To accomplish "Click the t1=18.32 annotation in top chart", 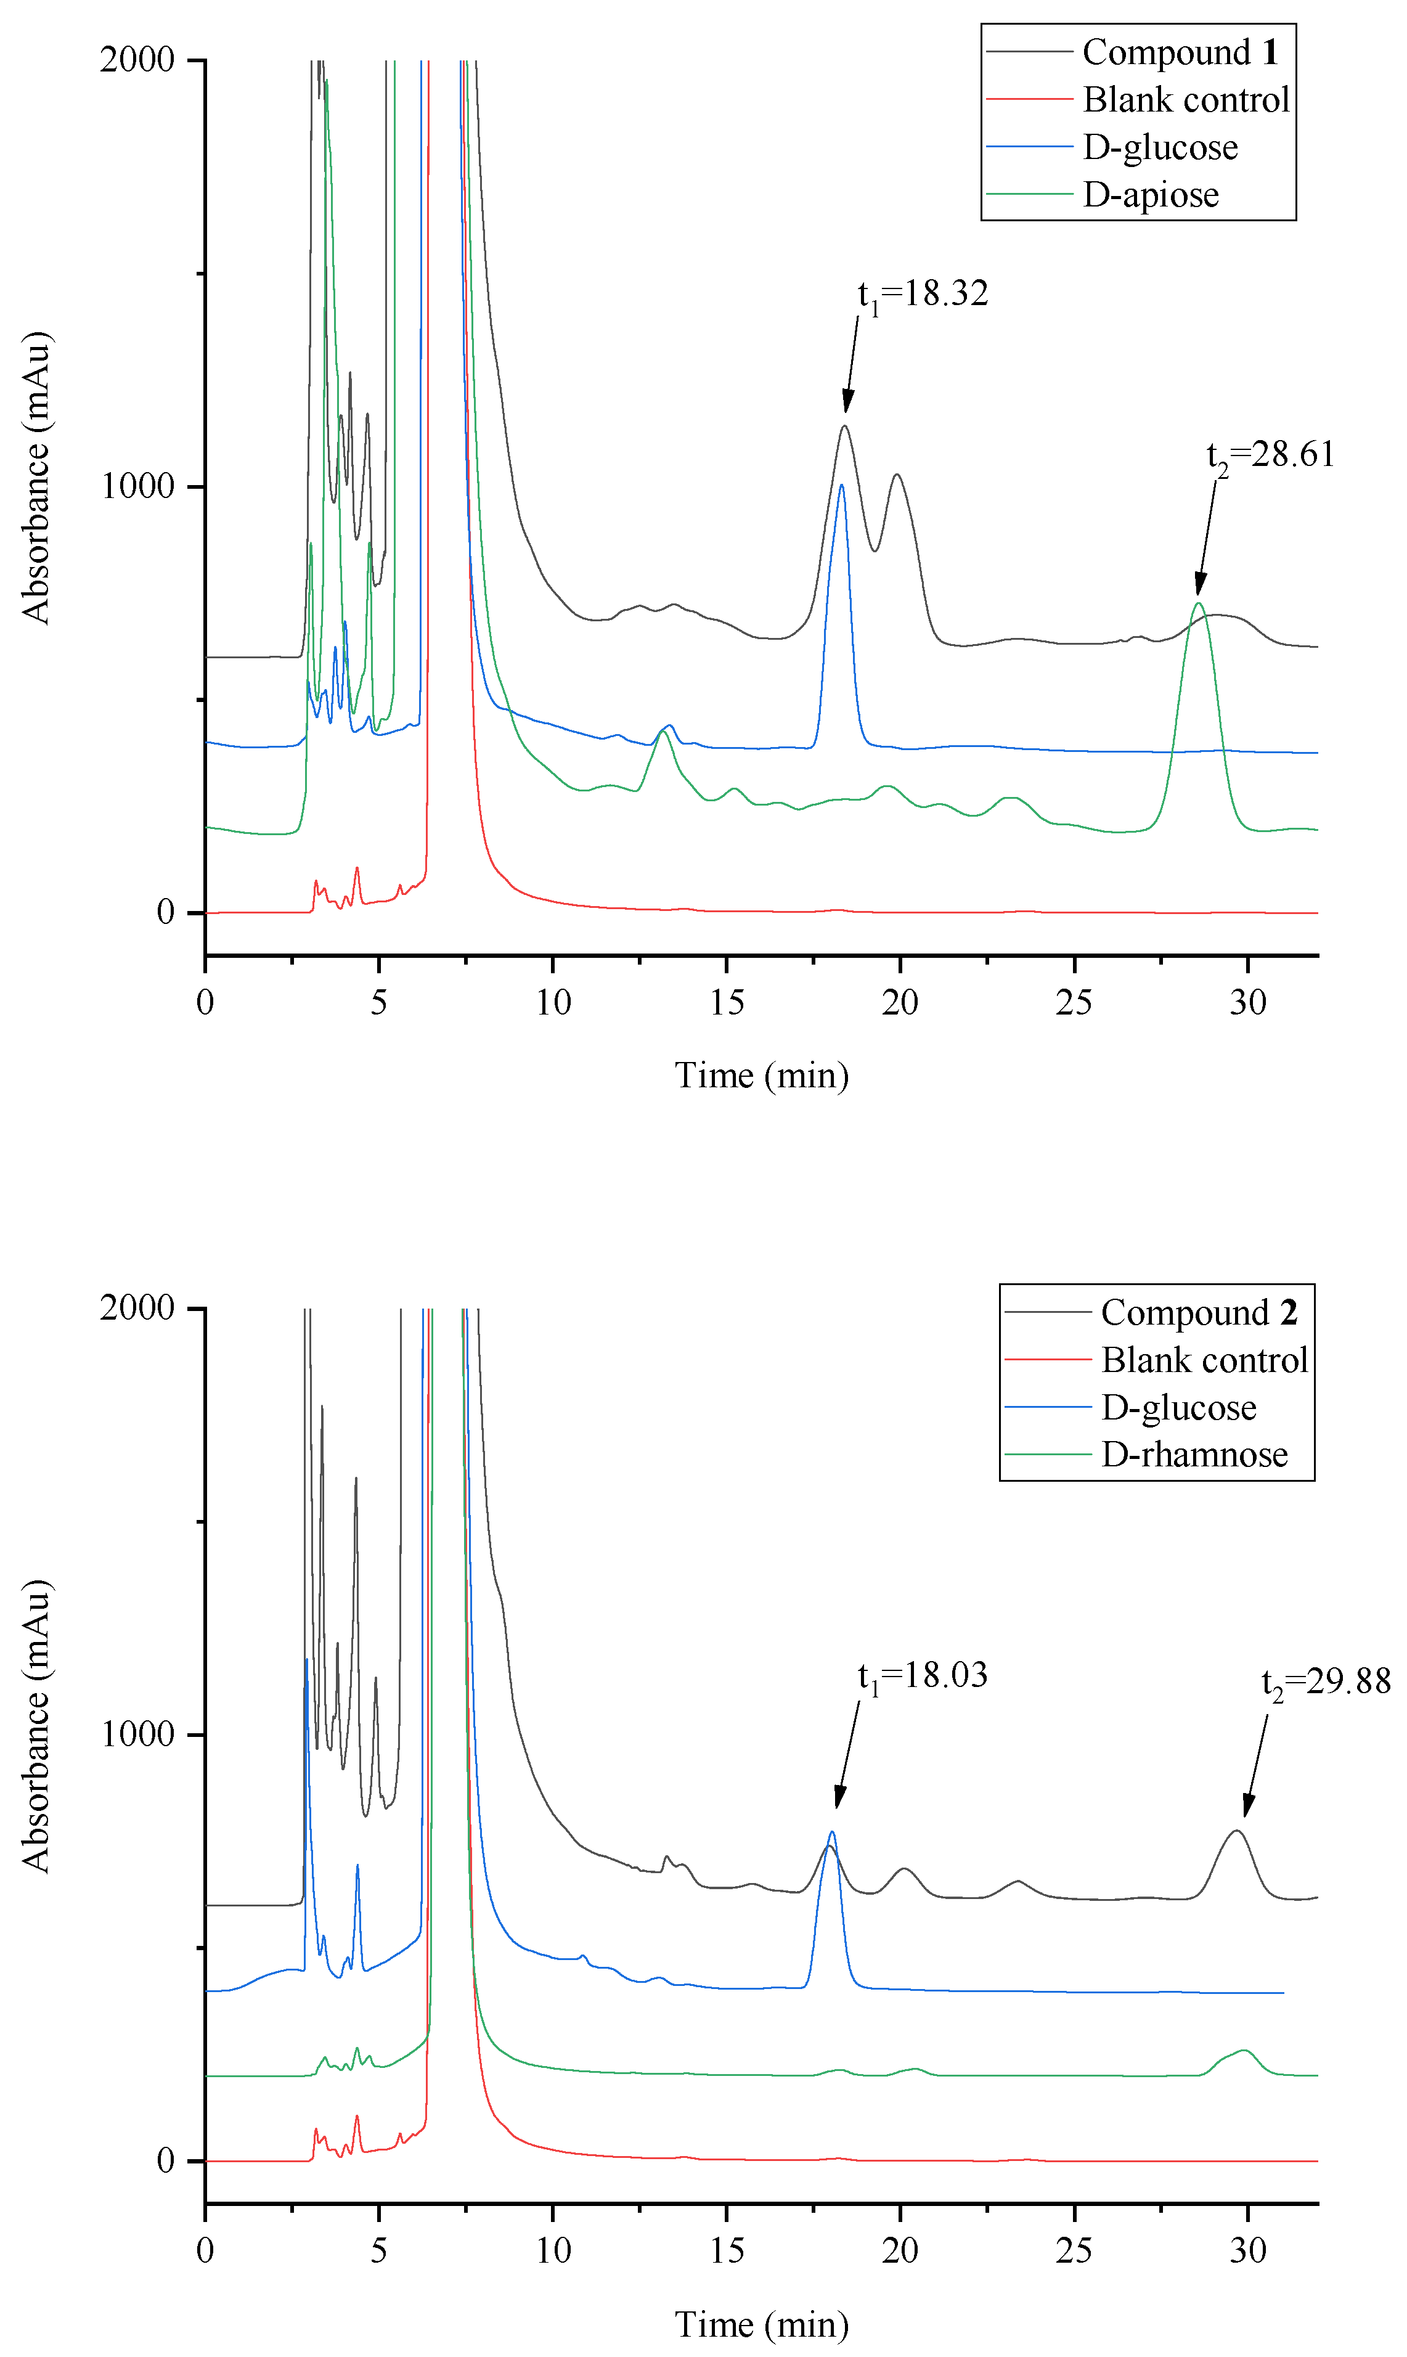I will coord(923,295).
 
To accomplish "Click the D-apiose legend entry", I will coord(1150,194).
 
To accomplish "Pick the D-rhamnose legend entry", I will coord(1194,1455).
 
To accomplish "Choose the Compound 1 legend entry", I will coord(1180,52).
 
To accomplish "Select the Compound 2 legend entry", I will coord(1199,1313).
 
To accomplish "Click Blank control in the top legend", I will coord(1185,100).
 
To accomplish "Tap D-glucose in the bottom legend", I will coord(1178,1408).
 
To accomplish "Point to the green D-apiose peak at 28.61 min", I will coord(1199,604).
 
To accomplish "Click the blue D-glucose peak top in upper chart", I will coord(841,486).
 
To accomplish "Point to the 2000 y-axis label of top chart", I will coord(137,60).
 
